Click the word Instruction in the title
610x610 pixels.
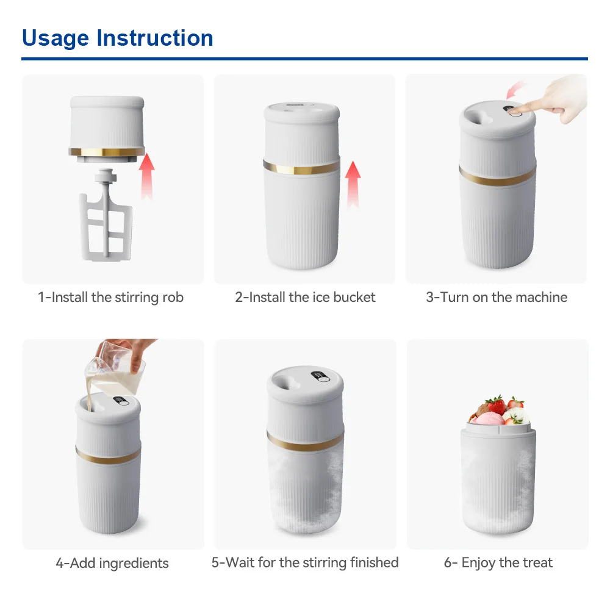[155, 38]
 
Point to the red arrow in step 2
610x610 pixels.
[353, 184]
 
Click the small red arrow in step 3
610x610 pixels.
[515, 90]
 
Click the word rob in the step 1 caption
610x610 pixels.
[172, 298]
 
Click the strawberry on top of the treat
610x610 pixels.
[496, 404]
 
